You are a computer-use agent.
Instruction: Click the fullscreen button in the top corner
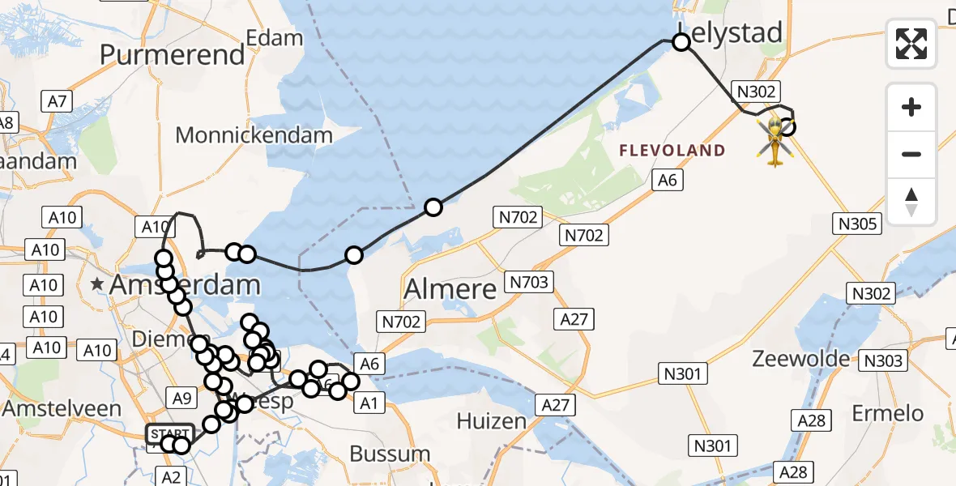pyautogui.click(x=911, y=44)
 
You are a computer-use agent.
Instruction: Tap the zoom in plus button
pyautogui.click(x=911, y=107)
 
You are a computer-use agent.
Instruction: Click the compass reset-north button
pyautogui.click(x=911, y=202)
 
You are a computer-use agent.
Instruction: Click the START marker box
pyautogui.click(x=169, y=434)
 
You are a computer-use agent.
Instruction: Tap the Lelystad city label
pyautogui.click(x=731, y=32)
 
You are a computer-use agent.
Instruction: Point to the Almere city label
pyautogui.click(x=450, y=288)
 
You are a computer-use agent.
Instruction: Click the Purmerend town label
pyautogui.click(x=172, y=55)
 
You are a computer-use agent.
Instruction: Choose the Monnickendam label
pyautogui.click(x=254, y=134)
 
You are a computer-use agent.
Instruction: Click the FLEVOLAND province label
pyautogui.click(x=672, y=151)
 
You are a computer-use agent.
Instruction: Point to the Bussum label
pyautogui.click(x=391, y=454)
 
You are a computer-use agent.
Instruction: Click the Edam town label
pyautogui.click(x=274, y=37)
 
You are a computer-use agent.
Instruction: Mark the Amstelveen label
pyautogui.click(x=62, y=409)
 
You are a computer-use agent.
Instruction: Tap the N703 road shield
pyautogui.click(x=530, y=283)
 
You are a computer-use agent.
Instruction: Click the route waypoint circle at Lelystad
pyautogui.click(x=681, y=42)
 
